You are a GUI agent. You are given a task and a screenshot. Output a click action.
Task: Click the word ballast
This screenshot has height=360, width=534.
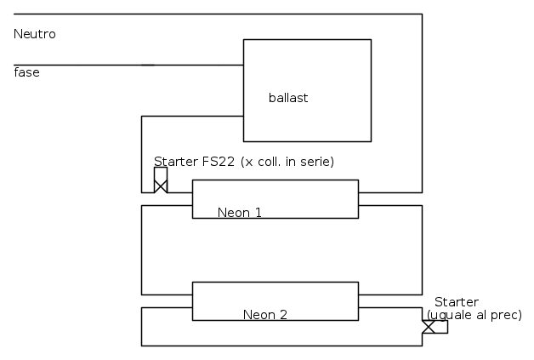(x=288, y=98)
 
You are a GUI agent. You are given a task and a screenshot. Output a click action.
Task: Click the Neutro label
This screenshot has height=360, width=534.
(x=35, y=34)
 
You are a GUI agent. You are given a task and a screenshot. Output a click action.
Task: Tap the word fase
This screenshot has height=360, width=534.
(x=26, y=72)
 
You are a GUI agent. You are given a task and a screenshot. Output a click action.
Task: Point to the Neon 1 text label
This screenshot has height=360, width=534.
(x=240, y=213)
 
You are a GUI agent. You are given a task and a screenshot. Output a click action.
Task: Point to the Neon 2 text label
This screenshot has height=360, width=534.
(x=265, y=315)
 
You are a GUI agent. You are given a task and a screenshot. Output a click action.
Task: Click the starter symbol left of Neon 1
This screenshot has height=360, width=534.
(x=160, y=180)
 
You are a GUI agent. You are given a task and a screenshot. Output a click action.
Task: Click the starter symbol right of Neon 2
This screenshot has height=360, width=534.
(x=429, y=327)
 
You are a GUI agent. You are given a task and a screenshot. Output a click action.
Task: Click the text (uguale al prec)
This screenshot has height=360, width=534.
(x=474, y=315)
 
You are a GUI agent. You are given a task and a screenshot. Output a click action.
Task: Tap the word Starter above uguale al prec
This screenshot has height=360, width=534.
(x=457, y=302)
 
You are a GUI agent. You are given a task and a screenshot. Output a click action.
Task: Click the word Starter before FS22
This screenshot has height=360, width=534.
(x=176, y=162)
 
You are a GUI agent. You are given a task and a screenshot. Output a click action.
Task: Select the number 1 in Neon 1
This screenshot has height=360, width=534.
(x=258, y=213)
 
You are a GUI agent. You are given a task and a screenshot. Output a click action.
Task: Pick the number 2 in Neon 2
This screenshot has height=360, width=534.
(x=283, y=315)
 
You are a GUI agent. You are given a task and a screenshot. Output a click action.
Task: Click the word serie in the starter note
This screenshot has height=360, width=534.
(x=315, y=162)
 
